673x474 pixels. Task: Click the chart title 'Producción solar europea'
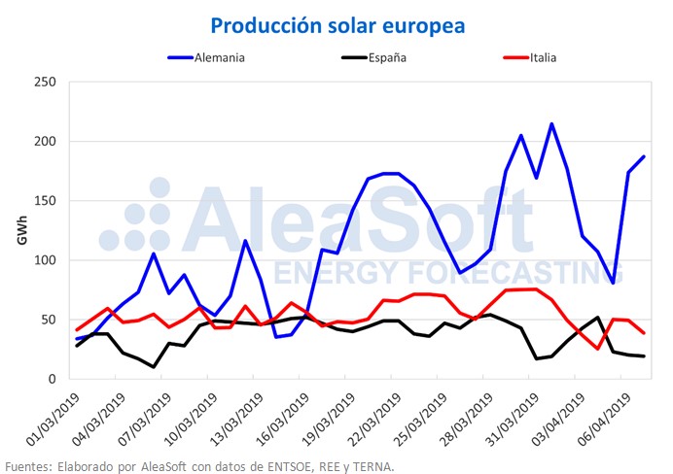click(337, 23)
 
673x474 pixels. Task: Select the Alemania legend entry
click(218, 57)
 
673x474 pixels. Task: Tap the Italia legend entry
click(543, 57)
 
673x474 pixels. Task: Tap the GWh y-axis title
click(20, 229)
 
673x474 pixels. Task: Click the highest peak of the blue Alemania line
click(551, 123)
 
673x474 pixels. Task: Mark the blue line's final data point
click(643, 156)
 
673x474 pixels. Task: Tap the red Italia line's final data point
click(643, 333)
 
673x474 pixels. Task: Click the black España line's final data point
click(643, 356)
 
